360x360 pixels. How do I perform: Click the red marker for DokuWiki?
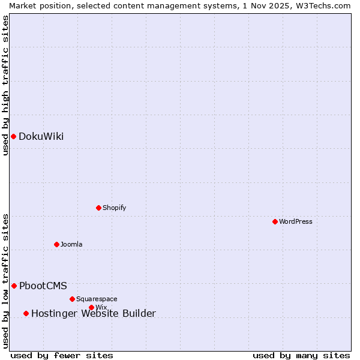pos(13,136)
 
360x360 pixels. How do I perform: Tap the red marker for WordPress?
pos(275,221)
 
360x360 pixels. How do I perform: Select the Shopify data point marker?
pos(98,208)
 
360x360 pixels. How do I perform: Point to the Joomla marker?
pos(56,244)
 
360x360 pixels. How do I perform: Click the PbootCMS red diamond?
pos(14,286)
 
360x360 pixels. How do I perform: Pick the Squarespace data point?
pos(72,299)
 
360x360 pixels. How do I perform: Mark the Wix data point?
pos(91,307)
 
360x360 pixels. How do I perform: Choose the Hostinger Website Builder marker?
pos(26,313)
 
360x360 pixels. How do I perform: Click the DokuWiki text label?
pos(41,136)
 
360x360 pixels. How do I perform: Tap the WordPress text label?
pos(295,221)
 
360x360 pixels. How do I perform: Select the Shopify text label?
pos(114,208)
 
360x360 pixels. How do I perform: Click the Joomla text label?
pos(71,244)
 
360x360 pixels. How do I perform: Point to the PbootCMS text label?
pos(43,286)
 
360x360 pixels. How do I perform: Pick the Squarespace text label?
pos(97,299)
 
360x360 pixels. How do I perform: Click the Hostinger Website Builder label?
pos(93,313)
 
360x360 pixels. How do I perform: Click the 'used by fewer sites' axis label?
pos(62,355)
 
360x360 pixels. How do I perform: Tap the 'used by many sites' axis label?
pos(301,355)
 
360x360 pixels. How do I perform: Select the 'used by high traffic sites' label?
pos(5,85)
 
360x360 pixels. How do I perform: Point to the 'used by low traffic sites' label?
pos(5,280)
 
